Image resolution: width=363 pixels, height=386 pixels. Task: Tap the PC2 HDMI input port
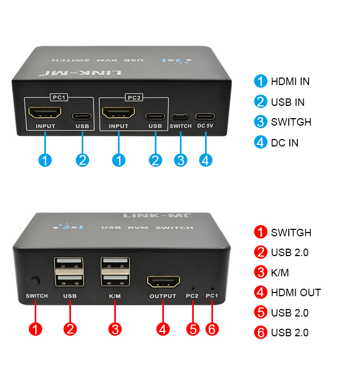pyautogui.click(x=119, y=113)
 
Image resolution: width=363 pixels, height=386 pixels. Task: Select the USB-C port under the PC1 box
pyautogui.click(x=82, y=115)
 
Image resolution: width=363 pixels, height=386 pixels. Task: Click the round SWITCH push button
pyautogui.click(x=36, y=281)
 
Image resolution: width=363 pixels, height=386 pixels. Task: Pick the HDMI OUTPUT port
pyautogui.click(x=163, y=282)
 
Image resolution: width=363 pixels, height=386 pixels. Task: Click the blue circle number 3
pyautogui.click(x=181, y=160)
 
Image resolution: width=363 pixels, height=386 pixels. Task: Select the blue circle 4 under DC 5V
pyautogui.click(x=206, y=160)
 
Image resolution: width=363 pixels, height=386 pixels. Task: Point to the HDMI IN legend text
pyautogui.click(x=290, y=82)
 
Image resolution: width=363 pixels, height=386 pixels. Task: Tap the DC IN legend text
pyautogui.click(x=285, y=143)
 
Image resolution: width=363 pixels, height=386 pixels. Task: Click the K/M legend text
pyautogui.click(x=280, y=273)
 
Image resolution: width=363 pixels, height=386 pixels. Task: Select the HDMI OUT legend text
pyautogui.click(x=296, y=292)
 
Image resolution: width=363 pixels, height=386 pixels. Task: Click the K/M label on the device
pyautogui.click(x=115, y=296)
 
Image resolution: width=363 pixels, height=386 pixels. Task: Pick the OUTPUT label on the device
pyautogui.click(x=163, y=296)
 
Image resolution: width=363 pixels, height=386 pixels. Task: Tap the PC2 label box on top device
pyautogui.click(x=133, y=98)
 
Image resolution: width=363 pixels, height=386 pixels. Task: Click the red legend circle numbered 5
pyautogui.click(x=261, y=313)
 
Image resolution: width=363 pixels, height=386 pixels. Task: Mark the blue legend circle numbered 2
pyautogui.click(x=261, y=102)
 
